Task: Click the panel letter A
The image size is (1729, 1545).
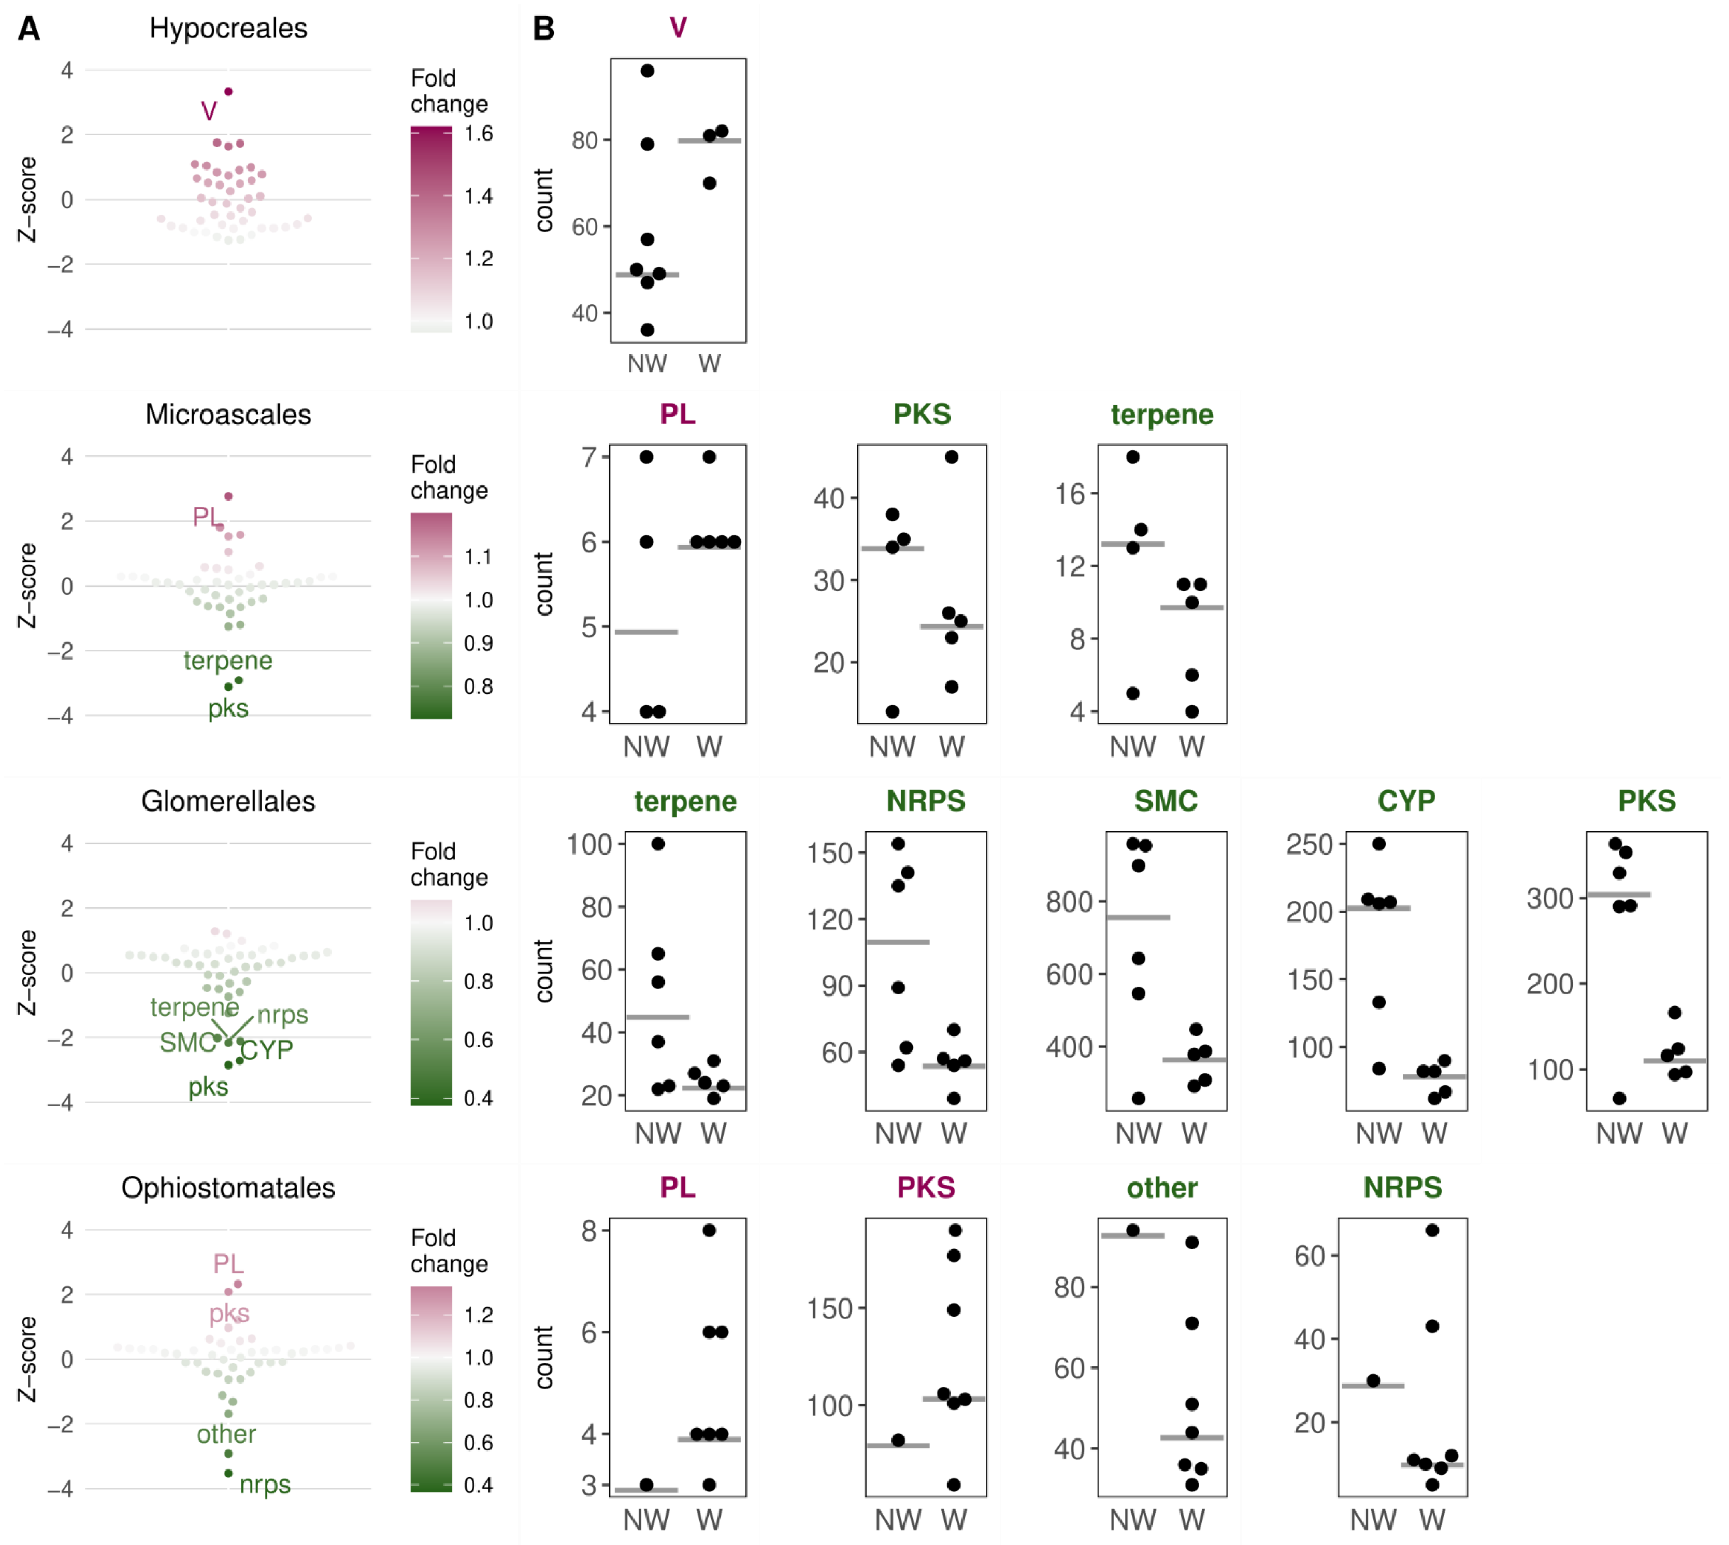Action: tap(29, 29)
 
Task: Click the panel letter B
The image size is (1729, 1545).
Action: tap(543, 29)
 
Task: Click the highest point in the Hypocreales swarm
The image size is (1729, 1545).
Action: tap(228, 91)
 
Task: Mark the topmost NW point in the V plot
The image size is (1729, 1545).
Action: tap(647, 70)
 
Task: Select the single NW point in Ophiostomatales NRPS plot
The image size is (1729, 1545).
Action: tap(1372, 1380)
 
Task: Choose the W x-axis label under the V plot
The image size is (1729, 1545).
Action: tap(709, 363)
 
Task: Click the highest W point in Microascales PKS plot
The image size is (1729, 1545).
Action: tap(951, 457)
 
